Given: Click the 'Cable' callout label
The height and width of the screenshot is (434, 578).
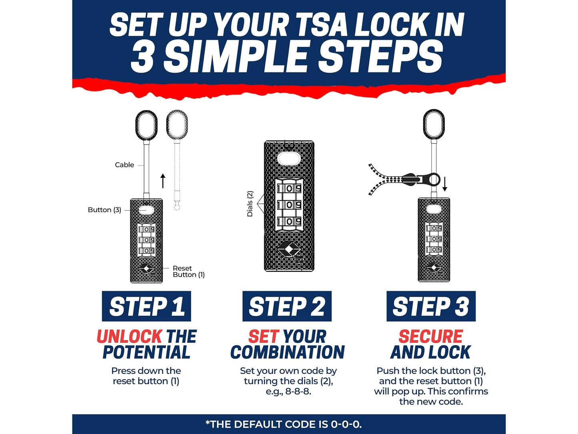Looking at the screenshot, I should coord(124,165).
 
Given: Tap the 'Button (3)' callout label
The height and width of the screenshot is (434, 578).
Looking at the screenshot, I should coord(104,210).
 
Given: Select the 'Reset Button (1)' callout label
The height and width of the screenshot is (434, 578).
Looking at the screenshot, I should coord(188,271).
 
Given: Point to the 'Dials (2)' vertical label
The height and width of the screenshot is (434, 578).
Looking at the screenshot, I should coord(250,204).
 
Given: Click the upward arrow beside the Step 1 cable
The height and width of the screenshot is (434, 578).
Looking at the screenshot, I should coord(163,181).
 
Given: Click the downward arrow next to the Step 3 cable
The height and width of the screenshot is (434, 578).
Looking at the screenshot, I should coord(445,184).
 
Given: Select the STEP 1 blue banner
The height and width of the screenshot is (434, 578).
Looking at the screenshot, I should coord(146,306).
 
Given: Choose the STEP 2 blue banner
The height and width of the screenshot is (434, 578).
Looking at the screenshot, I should coord(287,306).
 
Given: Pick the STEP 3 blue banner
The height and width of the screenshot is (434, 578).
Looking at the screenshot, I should coord(431,306).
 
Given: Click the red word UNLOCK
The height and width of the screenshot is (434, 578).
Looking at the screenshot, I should coord(129,336).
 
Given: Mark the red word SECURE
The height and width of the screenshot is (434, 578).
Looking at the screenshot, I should coord(430,336).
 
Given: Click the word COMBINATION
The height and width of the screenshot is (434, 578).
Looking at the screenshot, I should coord(287,352).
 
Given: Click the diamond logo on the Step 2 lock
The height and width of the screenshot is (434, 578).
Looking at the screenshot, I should coord(289,249).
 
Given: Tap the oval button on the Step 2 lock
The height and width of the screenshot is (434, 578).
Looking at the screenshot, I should coord(289,159).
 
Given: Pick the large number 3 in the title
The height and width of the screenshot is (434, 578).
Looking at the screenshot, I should coord(142,56).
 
